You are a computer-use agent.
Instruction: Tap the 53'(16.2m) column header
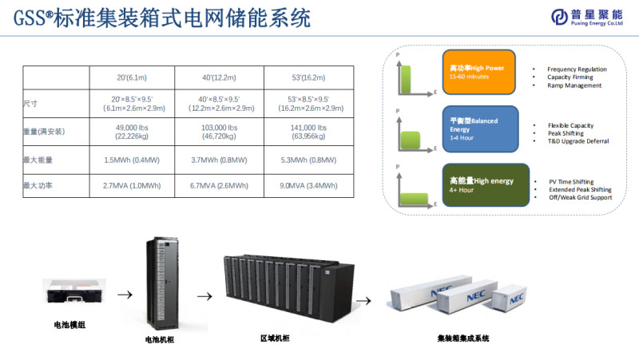311,77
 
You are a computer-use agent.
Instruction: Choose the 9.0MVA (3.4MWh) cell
311,186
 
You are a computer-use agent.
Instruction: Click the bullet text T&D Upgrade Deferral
578,141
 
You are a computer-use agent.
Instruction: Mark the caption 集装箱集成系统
463,338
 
